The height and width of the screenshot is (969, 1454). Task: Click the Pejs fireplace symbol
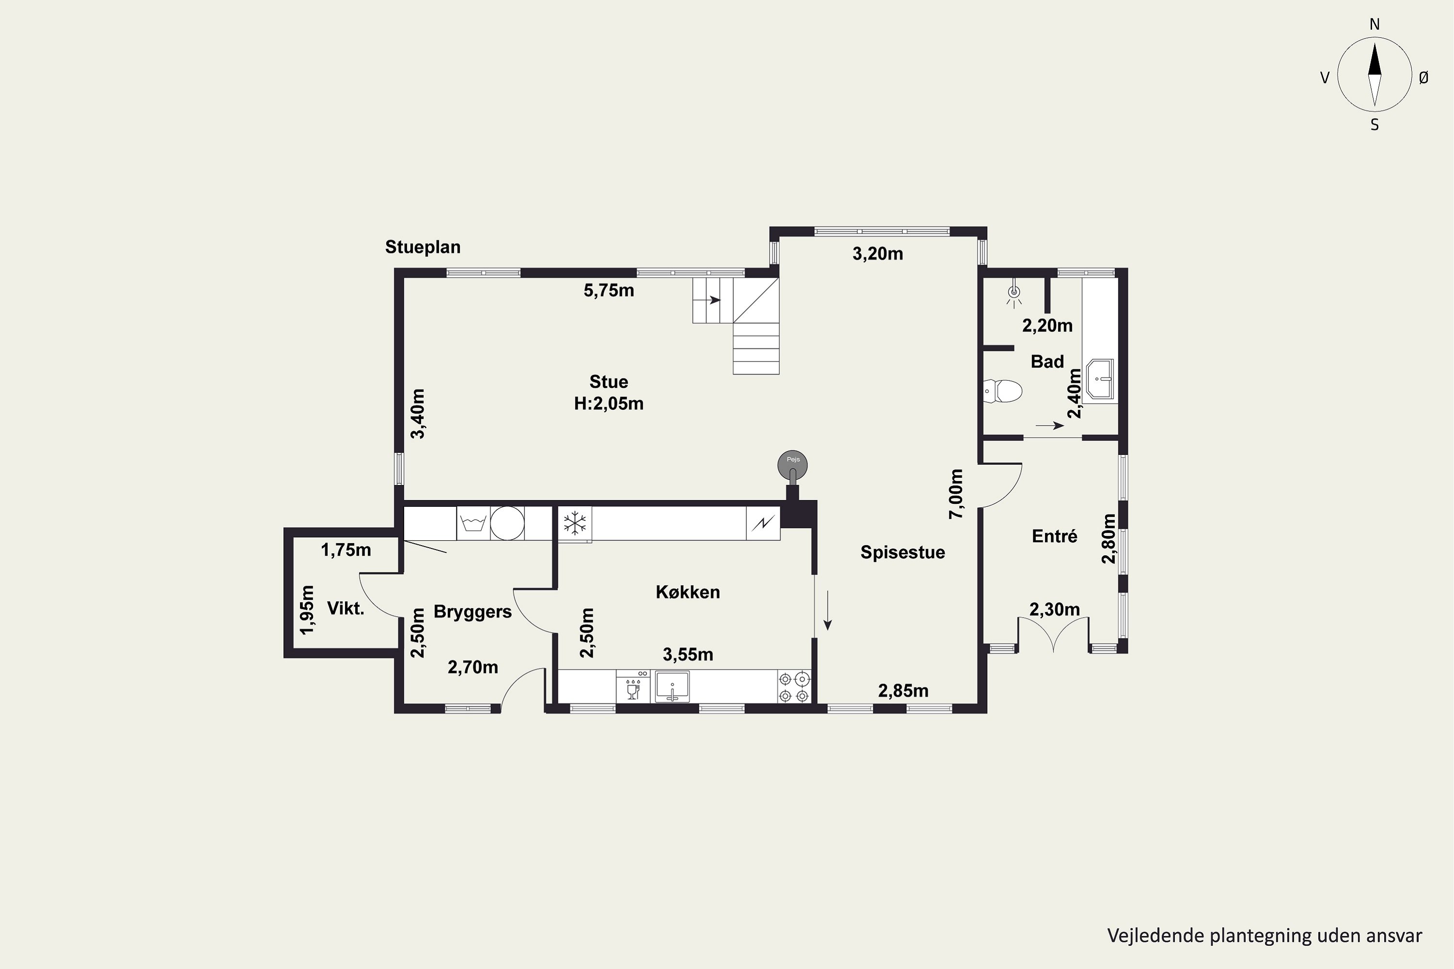[792, 464]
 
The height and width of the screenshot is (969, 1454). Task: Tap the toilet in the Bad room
[1001, 391]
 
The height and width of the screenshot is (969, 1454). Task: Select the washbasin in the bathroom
[1099, 378]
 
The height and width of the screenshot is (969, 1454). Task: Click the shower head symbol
[1014, 294]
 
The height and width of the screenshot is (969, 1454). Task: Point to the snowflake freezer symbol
[575, 523]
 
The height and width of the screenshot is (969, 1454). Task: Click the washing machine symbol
[474, 523]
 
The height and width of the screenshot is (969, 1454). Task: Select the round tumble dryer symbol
[507, 523]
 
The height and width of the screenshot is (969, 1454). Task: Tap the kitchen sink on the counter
[672, 687]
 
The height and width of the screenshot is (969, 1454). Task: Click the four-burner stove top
[794, 687]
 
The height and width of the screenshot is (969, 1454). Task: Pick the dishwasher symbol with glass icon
[633, 687]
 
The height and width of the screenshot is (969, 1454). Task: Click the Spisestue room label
[902, 552]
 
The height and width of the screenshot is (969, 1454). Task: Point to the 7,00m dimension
[956, 494]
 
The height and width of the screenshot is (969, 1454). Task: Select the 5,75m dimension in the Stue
[609, 290]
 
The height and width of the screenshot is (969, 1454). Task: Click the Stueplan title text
[423, 247]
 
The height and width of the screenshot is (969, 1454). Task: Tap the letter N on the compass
[1375, 24]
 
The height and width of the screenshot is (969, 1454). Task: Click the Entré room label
[1055, 536]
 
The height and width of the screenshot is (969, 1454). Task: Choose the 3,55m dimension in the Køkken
[688, 655]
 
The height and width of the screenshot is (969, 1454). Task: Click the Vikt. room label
[346, 609]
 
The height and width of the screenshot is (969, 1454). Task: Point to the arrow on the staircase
[714, 300]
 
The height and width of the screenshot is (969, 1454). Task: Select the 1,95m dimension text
[307, 610]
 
